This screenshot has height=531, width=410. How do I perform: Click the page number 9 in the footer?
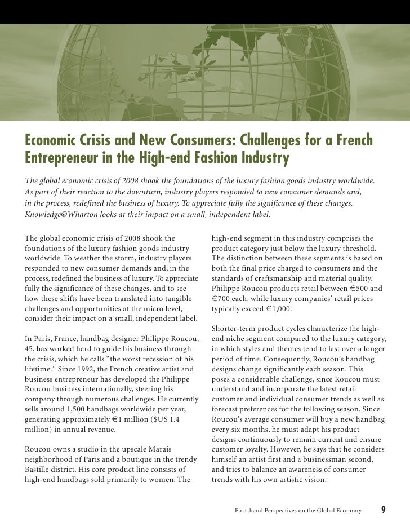(384, 511)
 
